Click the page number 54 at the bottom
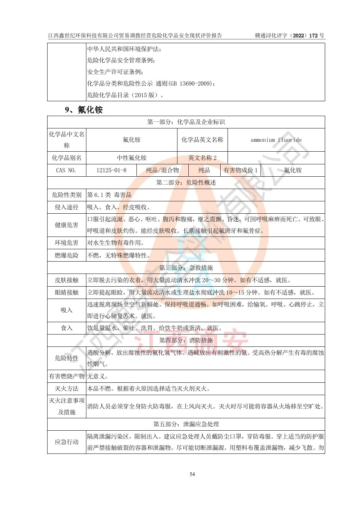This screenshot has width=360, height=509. click(x=192, y=474)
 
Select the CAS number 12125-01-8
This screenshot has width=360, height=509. click(x=111, y=170)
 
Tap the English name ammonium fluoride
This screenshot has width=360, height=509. click(x=276, y=140)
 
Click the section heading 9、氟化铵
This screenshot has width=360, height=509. click(x=84, y=110)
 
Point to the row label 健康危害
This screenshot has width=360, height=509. click(x=66, y=225)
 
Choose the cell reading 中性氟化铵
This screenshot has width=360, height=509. click(x=132, y=158)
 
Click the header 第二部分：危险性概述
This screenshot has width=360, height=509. click(x=186, y=182)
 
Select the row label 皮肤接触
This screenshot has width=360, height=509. click(x=66, y=280)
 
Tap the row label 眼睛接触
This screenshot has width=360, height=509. click(x=66, y=292)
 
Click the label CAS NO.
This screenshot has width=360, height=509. click(x=66, y=170)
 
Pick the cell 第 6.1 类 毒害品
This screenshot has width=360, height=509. click(x=109, y=195)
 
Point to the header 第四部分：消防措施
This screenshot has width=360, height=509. click(x=186, y=340)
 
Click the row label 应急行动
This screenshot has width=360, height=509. click(x=66, y=442)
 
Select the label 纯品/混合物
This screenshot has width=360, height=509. click(x=162, y=170)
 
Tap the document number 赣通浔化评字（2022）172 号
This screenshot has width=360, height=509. click(x=290, y=36)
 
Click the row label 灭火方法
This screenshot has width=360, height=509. click(x=66, y=389)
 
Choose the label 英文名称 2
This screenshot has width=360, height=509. click(x=202, y=158)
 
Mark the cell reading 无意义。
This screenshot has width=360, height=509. click(x=98, y=376)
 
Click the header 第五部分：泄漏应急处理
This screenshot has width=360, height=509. click(x=186, y=424)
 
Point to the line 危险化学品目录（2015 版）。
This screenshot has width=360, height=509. click(x=126, y=95)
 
